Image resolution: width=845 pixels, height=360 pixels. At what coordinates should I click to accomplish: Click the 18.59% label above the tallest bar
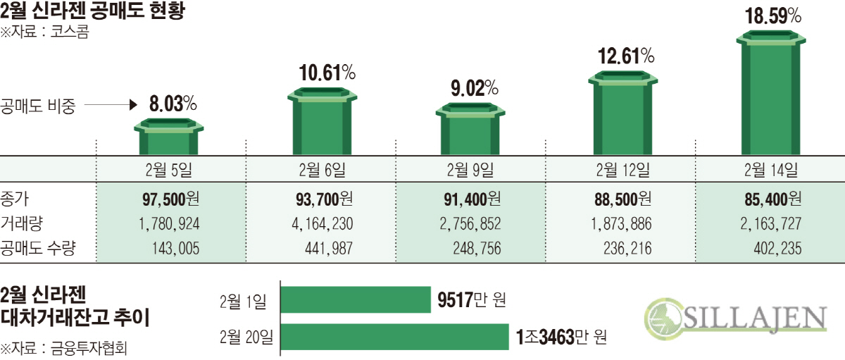pyautogui.click(x=773, y=16)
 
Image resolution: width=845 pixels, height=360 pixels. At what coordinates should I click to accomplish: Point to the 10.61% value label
pyautogui.click(x=326, y=72)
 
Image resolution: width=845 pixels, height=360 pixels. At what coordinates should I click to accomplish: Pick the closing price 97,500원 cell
pyautogui.click(x=170, y=199)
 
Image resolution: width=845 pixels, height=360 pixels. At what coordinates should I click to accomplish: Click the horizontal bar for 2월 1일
pyautogui.click(x=356, y=299)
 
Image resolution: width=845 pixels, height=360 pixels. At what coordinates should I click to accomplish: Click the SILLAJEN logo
pyautogui.click(x=736, y=318)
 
